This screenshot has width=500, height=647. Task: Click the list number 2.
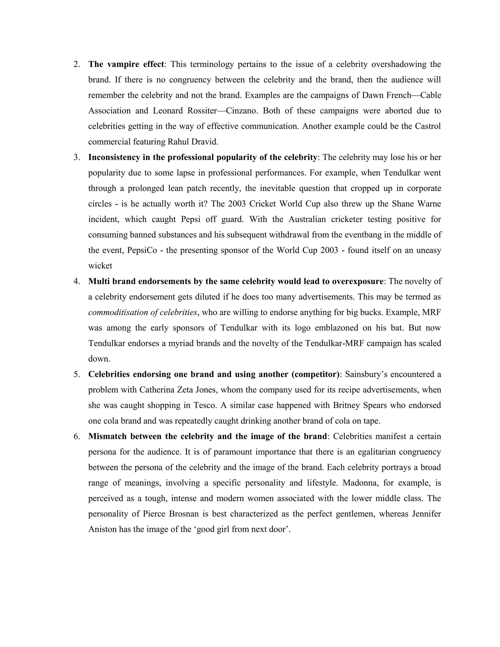(77, 64)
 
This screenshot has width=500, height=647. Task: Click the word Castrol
(428, 126)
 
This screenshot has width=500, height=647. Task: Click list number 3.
(77, 157)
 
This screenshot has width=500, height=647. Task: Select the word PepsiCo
(142, 250)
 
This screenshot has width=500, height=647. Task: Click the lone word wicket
(100, 266)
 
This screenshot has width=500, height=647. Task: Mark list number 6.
(77, 436)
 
